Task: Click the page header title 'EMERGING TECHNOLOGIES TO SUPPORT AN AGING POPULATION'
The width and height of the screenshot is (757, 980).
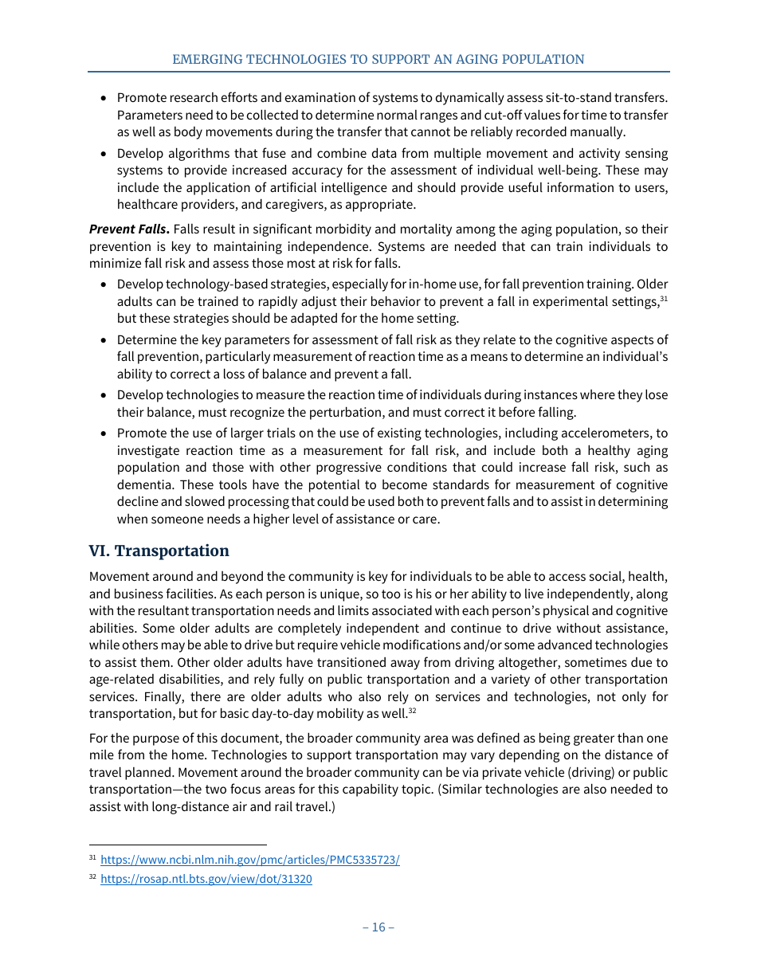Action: click(x=378, y=60)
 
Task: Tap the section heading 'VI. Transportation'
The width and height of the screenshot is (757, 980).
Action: click(x=159, y=551)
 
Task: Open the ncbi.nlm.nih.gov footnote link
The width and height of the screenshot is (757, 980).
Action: click(x=249, y=860)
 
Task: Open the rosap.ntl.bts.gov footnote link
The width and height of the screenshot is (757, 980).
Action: click(x=206, y=879)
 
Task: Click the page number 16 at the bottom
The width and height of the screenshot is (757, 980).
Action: click(x=378, y=927)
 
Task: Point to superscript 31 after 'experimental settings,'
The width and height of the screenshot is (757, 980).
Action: click(x=664, y=298)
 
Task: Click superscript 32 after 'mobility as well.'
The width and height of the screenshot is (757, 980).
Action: click(x=412, y=710)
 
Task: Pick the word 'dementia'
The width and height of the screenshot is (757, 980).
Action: click(x=143, y=485)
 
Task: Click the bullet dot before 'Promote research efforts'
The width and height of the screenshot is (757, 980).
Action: click(x=104, y=98)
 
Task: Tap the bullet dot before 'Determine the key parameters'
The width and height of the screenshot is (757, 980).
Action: click(x=104, y=340)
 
